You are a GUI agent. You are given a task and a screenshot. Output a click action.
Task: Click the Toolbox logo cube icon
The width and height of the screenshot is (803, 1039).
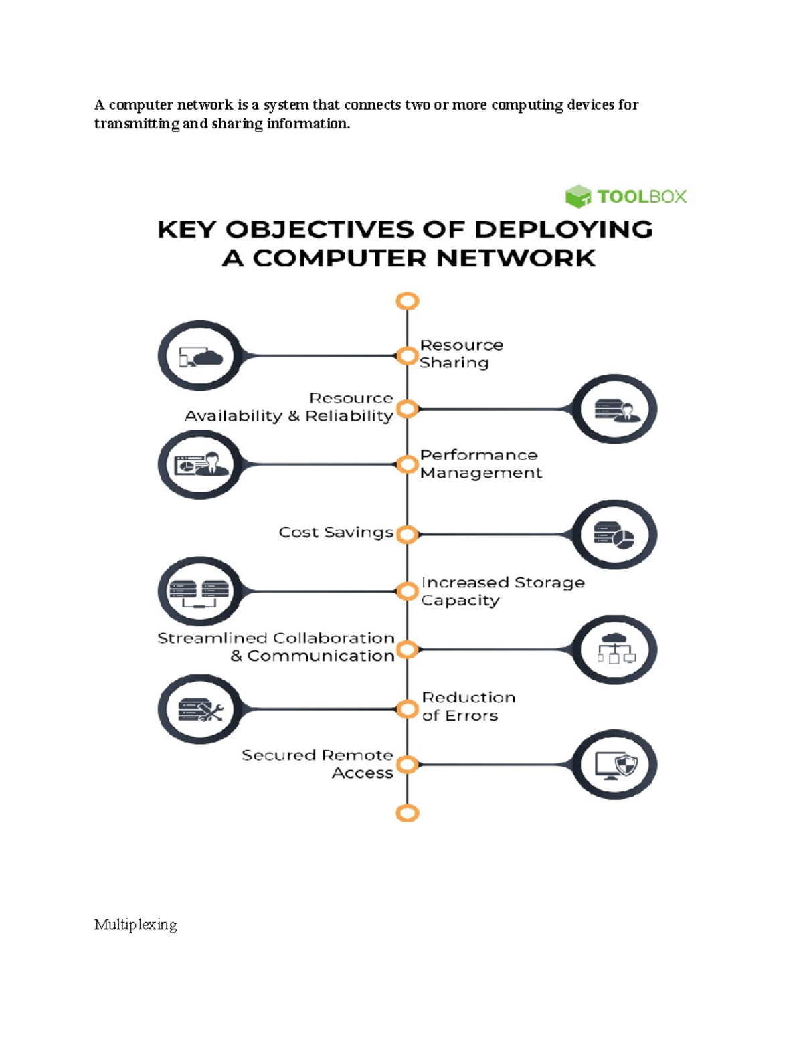577,197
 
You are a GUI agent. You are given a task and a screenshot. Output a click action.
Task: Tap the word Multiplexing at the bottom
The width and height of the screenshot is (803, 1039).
135,925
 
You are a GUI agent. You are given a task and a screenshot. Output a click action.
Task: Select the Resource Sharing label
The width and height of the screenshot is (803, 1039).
461,353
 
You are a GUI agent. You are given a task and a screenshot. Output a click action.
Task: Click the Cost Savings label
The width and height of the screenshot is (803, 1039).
336,532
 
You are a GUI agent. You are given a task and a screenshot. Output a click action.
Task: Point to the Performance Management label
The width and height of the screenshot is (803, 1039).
480,464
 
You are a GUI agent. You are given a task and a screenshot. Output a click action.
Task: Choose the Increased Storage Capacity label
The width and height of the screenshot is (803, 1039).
503,591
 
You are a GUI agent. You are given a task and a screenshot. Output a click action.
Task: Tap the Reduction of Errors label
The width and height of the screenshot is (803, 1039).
468,706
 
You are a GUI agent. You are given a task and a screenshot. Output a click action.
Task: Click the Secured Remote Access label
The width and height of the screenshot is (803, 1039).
317,764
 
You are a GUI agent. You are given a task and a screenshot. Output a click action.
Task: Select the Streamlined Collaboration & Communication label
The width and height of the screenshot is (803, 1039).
276,647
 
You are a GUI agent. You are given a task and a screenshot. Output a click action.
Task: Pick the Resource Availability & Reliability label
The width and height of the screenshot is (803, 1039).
289,407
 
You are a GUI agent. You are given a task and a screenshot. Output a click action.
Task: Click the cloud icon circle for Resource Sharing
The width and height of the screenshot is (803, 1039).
200,356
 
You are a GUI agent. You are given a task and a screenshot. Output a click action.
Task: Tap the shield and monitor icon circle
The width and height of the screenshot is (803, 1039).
614,765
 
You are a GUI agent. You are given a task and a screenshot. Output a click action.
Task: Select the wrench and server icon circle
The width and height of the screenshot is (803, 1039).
200,709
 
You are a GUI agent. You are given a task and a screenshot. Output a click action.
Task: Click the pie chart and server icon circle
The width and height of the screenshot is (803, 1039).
614,534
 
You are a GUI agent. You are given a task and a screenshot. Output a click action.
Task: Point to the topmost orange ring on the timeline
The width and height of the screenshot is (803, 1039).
408,301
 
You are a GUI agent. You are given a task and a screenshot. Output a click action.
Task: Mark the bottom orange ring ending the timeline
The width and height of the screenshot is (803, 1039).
408,813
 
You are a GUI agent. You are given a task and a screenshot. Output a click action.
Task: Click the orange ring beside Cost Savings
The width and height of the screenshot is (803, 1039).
408,534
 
